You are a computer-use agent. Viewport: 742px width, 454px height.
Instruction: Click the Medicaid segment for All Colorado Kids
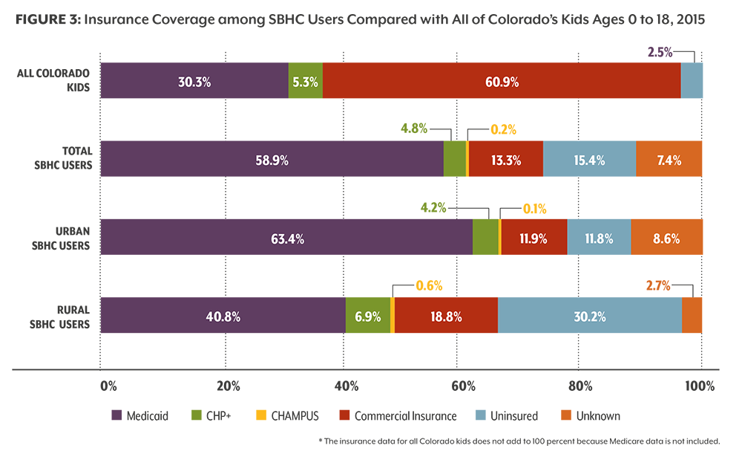pos(194,80)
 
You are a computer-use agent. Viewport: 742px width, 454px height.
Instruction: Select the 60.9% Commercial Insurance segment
pos(502,80)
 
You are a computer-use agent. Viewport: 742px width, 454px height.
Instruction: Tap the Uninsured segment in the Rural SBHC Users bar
pos(590,315)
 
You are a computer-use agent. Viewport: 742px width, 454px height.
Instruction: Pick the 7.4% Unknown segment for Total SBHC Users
pos(669,159)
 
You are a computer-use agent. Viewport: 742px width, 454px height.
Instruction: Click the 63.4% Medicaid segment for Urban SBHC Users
pos(286,237)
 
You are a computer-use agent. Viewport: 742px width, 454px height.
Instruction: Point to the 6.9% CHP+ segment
pos(368,315)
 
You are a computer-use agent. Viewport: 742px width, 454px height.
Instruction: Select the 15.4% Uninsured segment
pos(590,159)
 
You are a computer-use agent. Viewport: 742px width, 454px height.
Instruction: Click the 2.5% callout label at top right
pos(660,52)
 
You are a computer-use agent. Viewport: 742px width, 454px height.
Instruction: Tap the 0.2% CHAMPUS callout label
pos(503,129)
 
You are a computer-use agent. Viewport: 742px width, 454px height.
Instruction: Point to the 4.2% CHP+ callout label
pos(433,207)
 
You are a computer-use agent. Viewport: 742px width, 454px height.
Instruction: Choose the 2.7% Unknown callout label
pos(658,286)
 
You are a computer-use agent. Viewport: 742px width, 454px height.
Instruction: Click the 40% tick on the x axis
pos(347,386)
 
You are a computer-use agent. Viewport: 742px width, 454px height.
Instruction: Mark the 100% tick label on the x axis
pos(700,386)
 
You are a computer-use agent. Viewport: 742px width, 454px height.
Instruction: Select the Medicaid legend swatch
pos(116,415)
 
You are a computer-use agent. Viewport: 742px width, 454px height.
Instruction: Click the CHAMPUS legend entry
pos(287,415)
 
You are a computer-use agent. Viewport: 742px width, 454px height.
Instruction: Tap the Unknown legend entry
pos(591,415)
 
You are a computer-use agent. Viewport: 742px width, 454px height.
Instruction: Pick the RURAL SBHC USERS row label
pos(59,317)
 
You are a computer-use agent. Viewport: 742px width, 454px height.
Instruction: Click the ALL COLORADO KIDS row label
pos(53,80)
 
